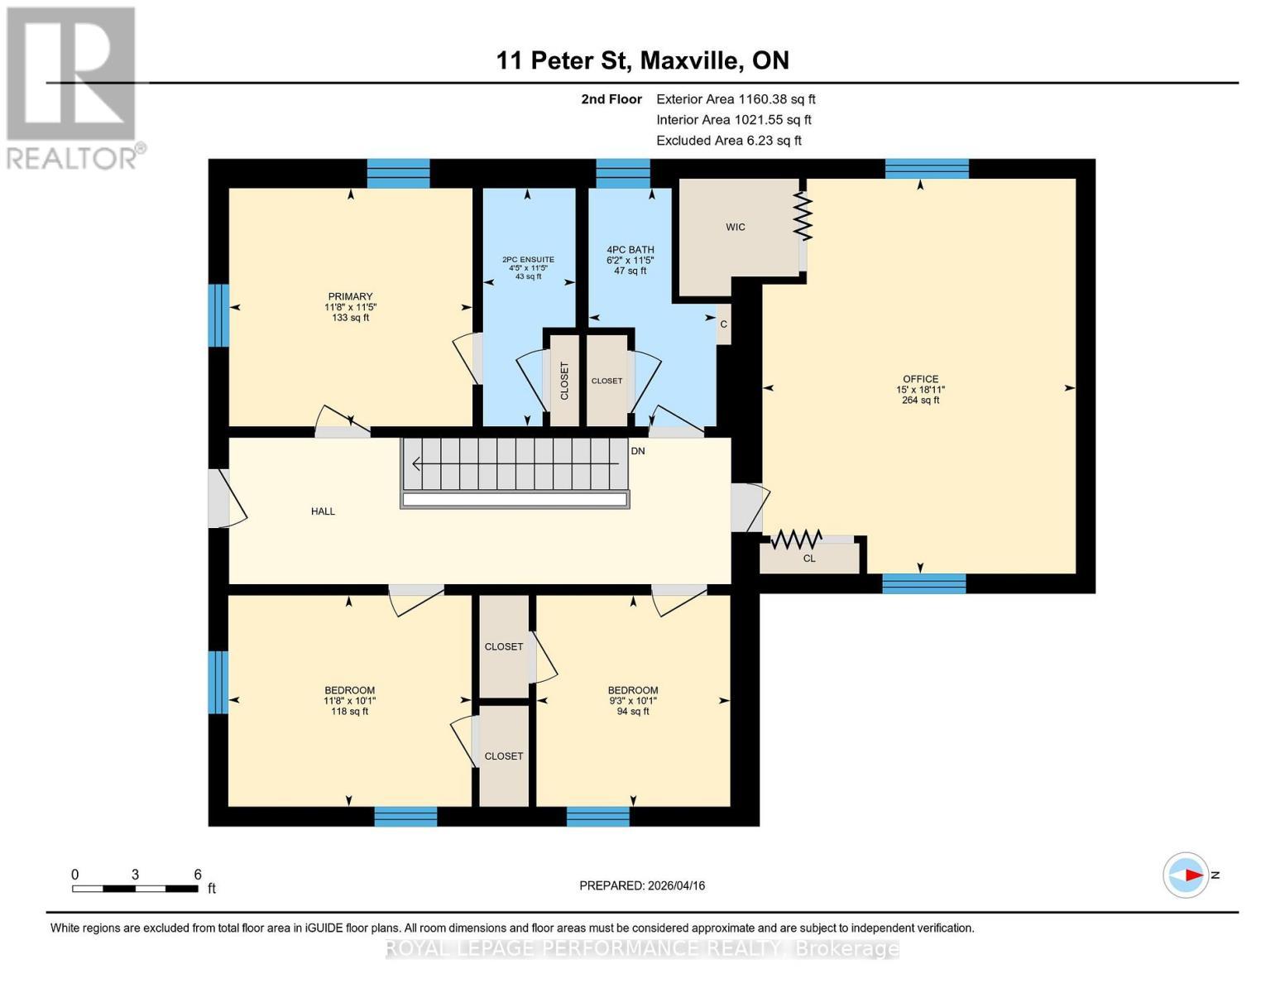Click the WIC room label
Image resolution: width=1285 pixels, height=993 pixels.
[x=735, y=227]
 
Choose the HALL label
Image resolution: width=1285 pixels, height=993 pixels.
[x=323, y=511]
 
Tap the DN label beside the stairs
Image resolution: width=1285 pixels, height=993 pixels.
[x=637, y=451]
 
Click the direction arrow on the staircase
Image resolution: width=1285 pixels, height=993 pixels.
[x=515, y=463]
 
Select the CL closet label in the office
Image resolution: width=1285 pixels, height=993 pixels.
[x=809, y=559]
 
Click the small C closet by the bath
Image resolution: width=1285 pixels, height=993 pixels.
[x=723, y=324]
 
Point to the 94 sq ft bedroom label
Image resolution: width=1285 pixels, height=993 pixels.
[x=633, y=700]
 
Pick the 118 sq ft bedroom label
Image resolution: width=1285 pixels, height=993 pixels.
[x=349, y=700]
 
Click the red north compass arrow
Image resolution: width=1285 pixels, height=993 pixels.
[x=1193, y=875]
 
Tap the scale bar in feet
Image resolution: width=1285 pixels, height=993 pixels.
[x=136, y=888]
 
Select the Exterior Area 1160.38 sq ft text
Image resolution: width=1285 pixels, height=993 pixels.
[x=736, y=99]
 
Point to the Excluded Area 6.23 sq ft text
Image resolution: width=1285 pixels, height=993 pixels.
[x=729, y=141]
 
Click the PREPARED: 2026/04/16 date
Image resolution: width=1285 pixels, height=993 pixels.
[x=642, y=885]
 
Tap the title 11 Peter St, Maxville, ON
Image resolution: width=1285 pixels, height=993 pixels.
[x=642, y=60]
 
